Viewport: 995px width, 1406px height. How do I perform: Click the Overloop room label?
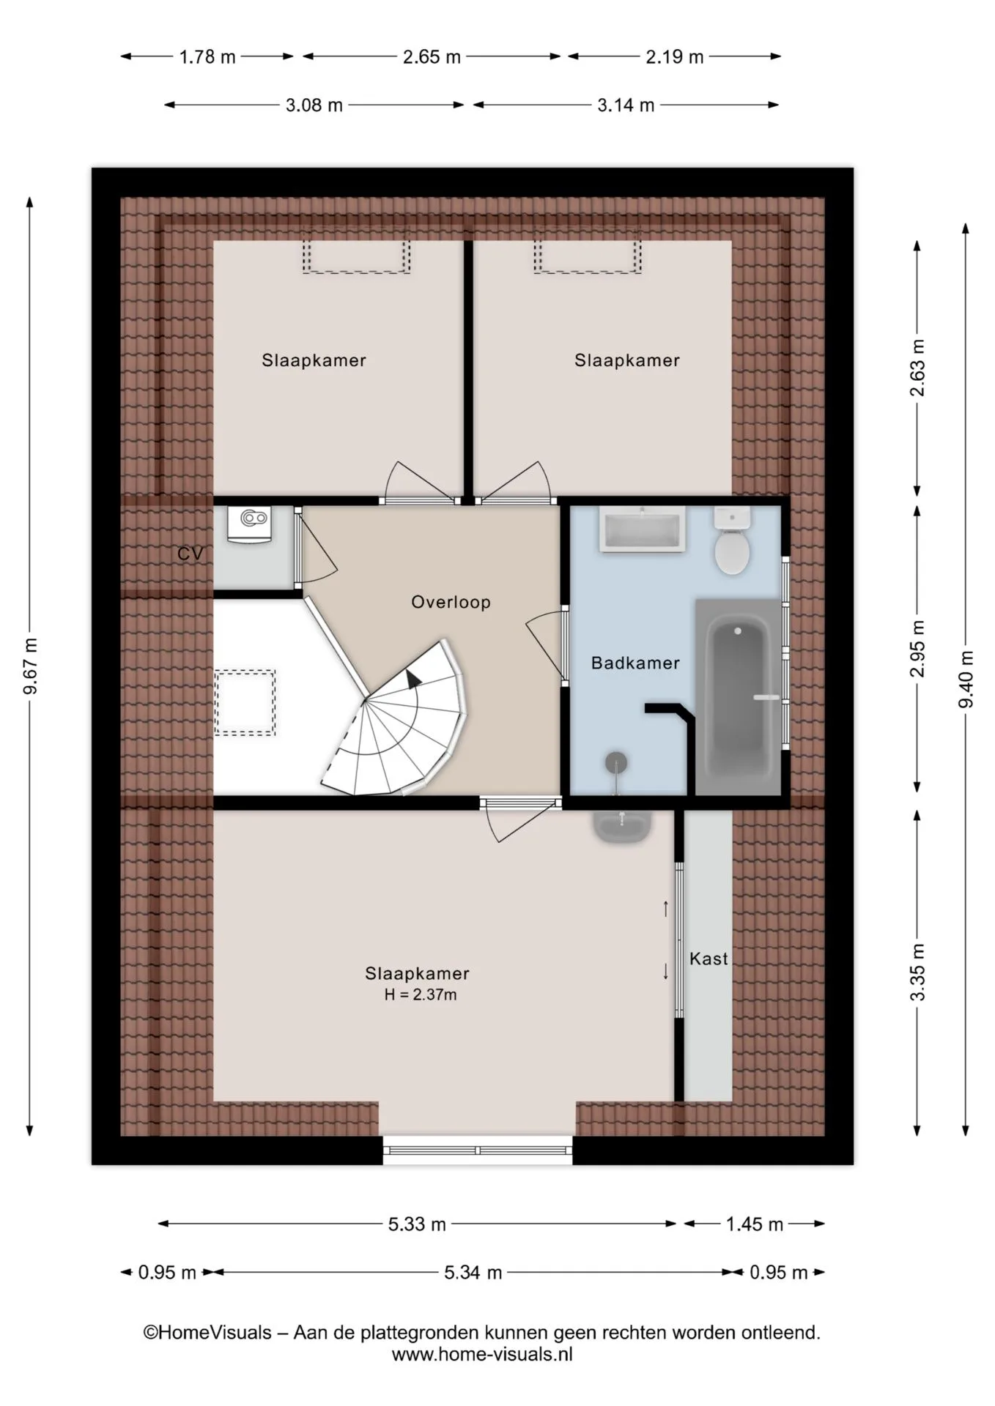click(x=451, y=602)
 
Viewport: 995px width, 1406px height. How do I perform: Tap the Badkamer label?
click(x=635, y=663)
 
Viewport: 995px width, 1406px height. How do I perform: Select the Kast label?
click(x=709, y=959)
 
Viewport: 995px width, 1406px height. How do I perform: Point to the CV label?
click(x=190, y=554)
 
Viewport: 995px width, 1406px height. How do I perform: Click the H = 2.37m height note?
click(x=420, y=994)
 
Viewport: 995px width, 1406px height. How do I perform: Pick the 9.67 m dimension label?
click(x=30, y=666)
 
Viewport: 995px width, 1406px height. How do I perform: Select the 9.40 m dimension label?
click(x=966, y=679)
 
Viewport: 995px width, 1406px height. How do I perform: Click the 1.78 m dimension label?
click(x=207, y=57)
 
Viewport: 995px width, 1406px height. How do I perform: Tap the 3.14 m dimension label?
click(x=626, y=105)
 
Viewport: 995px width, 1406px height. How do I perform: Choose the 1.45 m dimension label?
click(x=755, y=1224)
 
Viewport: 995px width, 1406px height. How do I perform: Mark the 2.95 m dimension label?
click(x=917, y=649)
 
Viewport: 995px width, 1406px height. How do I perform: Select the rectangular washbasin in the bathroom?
click(x=643, y=529)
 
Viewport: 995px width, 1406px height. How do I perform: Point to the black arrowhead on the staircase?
click(x=413, y=678)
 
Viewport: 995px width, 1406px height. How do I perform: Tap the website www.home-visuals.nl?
click(x=482, y=1354)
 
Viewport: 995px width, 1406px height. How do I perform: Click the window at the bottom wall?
click(x=477, y=1150)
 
